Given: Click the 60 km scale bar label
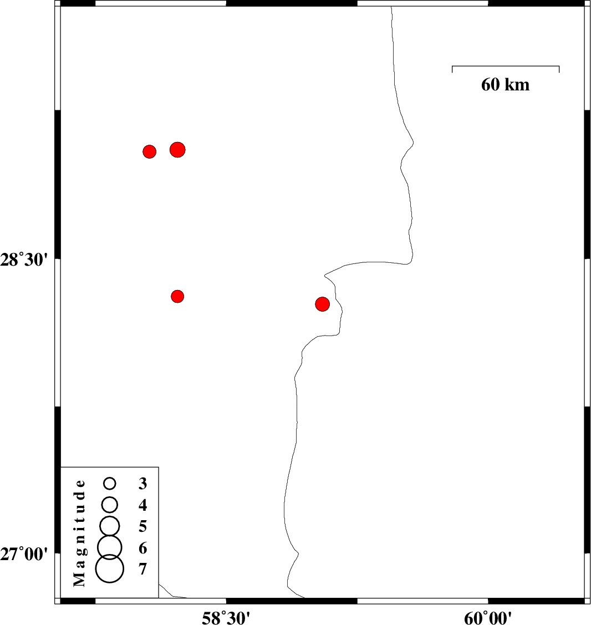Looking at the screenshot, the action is [x=505, y=85].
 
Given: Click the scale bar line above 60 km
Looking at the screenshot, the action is [x=506, y=66].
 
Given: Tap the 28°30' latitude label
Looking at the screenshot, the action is [x=24, y=260].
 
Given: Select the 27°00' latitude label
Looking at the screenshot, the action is [x=24, y=554].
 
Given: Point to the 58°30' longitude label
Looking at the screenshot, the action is [x=226, y=618].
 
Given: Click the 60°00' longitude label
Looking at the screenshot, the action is [x=488, y=618].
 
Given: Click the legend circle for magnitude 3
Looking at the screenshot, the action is [x=110, y=484].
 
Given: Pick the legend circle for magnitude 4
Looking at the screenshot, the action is [x=110, y=505].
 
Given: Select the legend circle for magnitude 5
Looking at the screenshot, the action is [x=110, y=526].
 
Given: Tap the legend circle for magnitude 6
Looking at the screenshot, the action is [x=110, y=547].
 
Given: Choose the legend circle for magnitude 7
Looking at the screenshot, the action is [x=110, y=569].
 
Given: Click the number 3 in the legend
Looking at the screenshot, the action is [x=142, y=484].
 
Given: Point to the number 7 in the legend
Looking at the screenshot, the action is [x=142, y=569].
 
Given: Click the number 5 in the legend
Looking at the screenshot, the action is [x=142, y=526].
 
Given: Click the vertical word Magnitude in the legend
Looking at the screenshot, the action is [x=79, y=533].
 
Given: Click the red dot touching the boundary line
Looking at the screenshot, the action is [x=323, y=304].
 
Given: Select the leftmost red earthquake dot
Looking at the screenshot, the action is [x=150, y=151].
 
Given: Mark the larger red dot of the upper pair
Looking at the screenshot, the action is [x=177, y=150].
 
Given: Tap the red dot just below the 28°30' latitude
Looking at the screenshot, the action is [x=177, y=296].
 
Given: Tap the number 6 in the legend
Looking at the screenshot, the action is [x=142, y=548].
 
